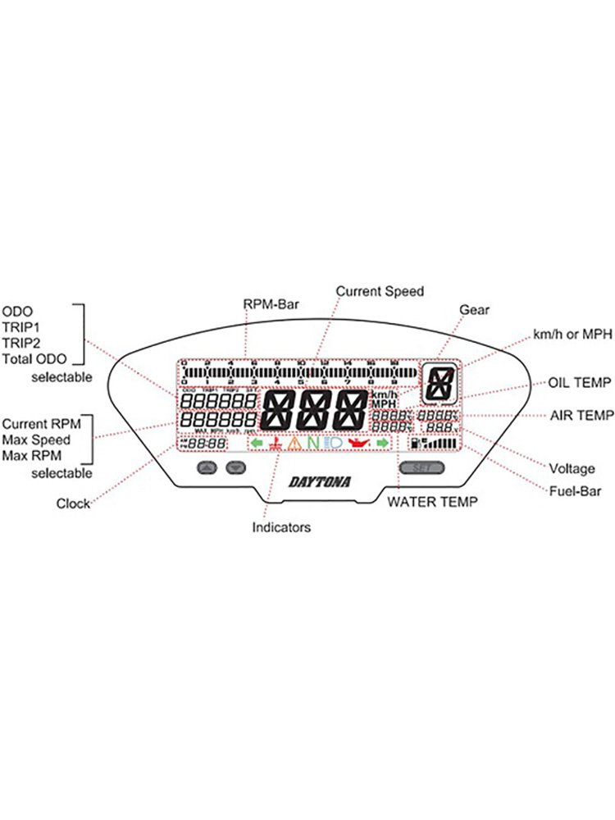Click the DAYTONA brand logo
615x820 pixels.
320,483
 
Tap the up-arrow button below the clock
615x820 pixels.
207,467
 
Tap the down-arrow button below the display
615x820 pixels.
236,467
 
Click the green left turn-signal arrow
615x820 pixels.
257,444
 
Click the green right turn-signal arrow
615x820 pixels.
381,444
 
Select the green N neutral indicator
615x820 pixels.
312,444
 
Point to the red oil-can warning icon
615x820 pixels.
358,444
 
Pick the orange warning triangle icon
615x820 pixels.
294,444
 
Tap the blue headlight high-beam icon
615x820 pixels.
334,444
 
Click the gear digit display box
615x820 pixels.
441,383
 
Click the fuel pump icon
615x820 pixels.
415,444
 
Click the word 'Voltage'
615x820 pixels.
572,469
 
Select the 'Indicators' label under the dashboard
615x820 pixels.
281,527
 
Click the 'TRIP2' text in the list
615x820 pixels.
20,342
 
